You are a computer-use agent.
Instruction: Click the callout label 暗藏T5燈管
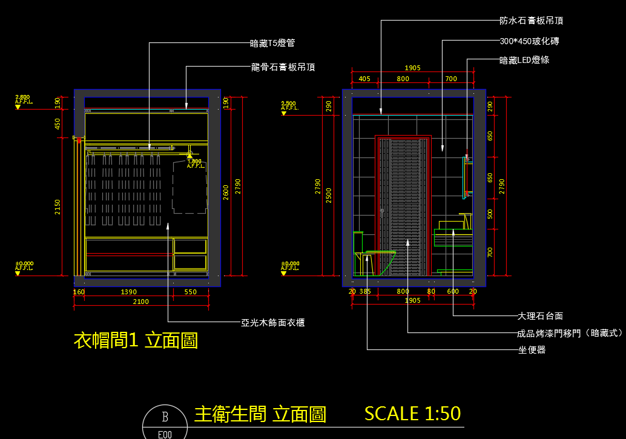tap(272, 43)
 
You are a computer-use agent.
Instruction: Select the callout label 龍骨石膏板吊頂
tap(283, 67)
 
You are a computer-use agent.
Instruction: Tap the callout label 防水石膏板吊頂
tap(531, 21)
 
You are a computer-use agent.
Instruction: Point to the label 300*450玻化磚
tap(530, 42)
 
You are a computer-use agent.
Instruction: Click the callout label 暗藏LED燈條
tap(524, 60)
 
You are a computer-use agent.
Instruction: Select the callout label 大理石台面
tap(540, 315)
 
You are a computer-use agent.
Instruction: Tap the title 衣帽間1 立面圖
tap(136, 340)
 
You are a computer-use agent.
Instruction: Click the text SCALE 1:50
tap(412, 414)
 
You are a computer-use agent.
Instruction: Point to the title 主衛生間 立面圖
tap(260, 414)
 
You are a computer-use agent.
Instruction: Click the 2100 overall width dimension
tap(140, 302)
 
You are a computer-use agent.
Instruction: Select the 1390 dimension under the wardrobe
tap(128, 292)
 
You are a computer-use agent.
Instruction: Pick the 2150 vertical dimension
tap(58, 207)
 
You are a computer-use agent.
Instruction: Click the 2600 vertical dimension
tap(226, 192)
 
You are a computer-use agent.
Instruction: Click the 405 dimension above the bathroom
tap(364, 79)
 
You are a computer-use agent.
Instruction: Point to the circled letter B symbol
tap(165, 417)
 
